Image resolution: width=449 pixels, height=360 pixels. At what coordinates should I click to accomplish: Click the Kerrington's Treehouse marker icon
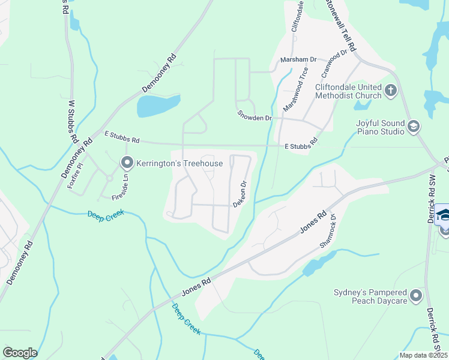(x=127, y=163)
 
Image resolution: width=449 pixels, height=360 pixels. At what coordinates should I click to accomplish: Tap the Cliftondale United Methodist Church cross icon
(x=391, y=91)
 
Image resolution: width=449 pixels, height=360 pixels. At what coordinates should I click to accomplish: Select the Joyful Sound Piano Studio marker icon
(x=412, y=126)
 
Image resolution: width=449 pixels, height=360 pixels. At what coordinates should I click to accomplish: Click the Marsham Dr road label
(x=298, y=60)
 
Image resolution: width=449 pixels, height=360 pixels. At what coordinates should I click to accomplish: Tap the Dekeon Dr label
(x=240, y=195)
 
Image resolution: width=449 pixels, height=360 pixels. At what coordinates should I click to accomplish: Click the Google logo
(x=20, y=353)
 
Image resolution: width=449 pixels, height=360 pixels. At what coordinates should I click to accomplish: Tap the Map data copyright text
(x=423, y=355)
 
